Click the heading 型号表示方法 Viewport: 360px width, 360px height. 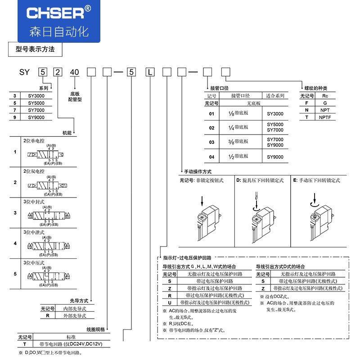(x=35, y=49)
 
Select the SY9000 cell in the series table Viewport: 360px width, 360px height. (x=36, y=117)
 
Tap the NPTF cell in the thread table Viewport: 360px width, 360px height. (x=325, y=117)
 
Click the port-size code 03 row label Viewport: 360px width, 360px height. (x=211, y=142)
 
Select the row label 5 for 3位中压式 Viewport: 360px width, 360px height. (x=15, y=274)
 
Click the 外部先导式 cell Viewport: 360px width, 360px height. (x=74, y=316)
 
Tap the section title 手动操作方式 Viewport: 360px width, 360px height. (x=198, y=171)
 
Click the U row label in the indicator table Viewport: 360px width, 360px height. (x=169, y=303)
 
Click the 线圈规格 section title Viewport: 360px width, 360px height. (x=95, y=329)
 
